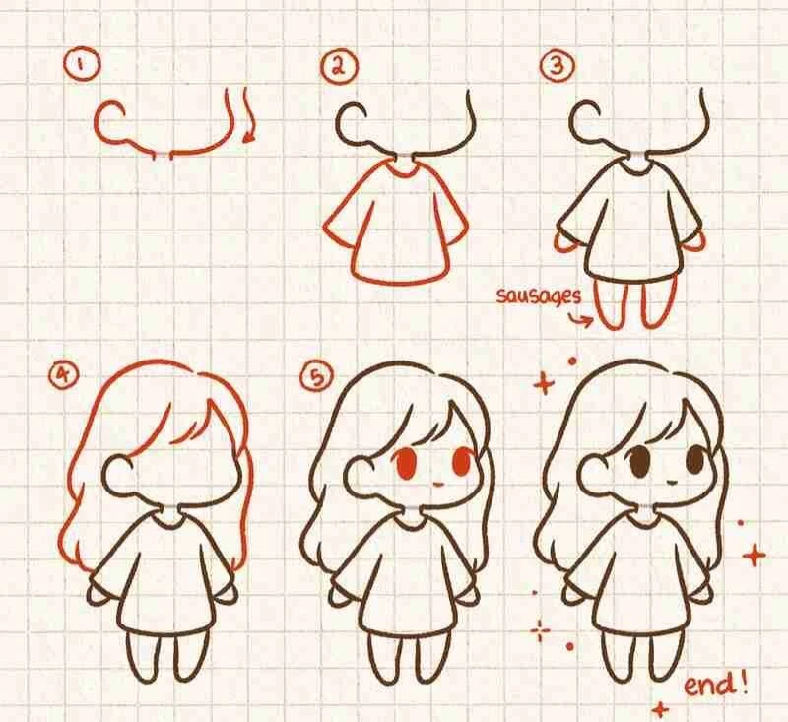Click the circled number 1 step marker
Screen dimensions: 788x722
coord(82,65)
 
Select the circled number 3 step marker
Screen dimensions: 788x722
coord(557,65)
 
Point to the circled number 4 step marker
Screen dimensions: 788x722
coord(64,374)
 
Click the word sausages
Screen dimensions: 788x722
coord(539,296)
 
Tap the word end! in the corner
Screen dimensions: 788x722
coord(716,685)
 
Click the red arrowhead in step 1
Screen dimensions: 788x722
coord(249,137)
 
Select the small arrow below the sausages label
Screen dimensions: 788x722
coord(580,319)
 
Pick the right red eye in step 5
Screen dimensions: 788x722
coord(462,462)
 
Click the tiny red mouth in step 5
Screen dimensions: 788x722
coord(436,485)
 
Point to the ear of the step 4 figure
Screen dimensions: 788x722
coord(116,472)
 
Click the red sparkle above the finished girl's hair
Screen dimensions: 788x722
coord(544,385)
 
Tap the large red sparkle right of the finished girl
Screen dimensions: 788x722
coord(754,556)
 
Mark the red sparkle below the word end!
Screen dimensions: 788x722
coord(661,709)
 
